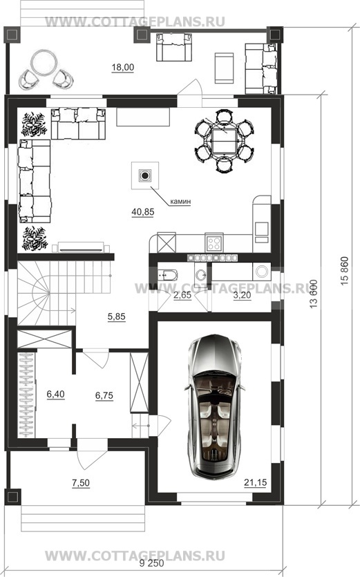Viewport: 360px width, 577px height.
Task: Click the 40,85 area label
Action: (142, 212)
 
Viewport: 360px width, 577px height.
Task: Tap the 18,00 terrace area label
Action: (123, 67)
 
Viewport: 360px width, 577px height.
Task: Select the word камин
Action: (180, 202)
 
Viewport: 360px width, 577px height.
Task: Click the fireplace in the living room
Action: (145, 176)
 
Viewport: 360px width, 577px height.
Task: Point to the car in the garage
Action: (214, 407)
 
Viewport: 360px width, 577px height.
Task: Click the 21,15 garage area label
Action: (255, 482)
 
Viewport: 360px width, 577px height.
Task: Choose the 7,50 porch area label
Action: (81, 482)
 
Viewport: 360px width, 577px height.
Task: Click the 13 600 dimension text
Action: (314, 294)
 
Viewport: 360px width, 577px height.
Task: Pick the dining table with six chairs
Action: (224, 141)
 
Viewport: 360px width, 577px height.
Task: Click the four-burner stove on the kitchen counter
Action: (214, 243)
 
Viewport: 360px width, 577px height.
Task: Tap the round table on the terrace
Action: (44, 63)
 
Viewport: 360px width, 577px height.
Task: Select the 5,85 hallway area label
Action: (116, 316)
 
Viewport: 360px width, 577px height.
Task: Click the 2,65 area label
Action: (182, 296)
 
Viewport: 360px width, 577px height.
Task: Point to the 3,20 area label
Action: (243, 296)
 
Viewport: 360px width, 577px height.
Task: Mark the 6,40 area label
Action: (55, 394)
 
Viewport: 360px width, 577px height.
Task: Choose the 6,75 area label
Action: (104, 395)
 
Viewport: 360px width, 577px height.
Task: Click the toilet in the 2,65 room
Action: (167, 274)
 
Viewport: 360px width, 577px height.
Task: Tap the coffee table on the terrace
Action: (224, 68)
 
